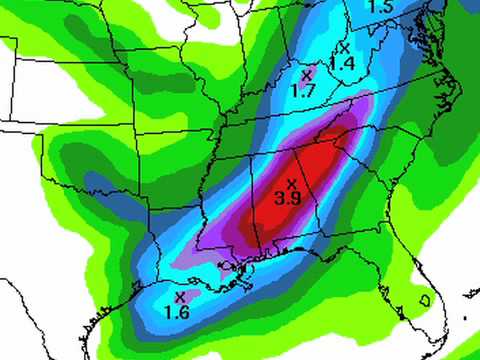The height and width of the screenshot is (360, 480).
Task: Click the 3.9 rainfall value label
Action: (289, 199)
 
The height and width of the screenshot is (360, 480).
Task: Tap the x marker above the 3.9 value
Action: (291, 183)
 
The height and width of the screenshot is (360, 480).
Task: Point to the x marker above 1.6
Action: (180, 296)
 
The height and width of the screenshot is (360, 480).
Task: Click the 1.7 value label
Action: (304, 90)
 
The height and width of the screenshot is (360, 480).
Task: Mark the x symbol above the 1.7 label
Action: (306, 74)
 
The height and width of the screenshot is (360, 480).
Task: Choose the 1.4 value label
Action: (343, 63)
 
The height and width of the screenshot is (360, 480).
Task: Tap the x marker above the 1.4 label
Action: (345, 47)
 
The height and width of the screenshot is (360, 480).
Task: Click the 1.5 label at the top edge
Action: (380, 7)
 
